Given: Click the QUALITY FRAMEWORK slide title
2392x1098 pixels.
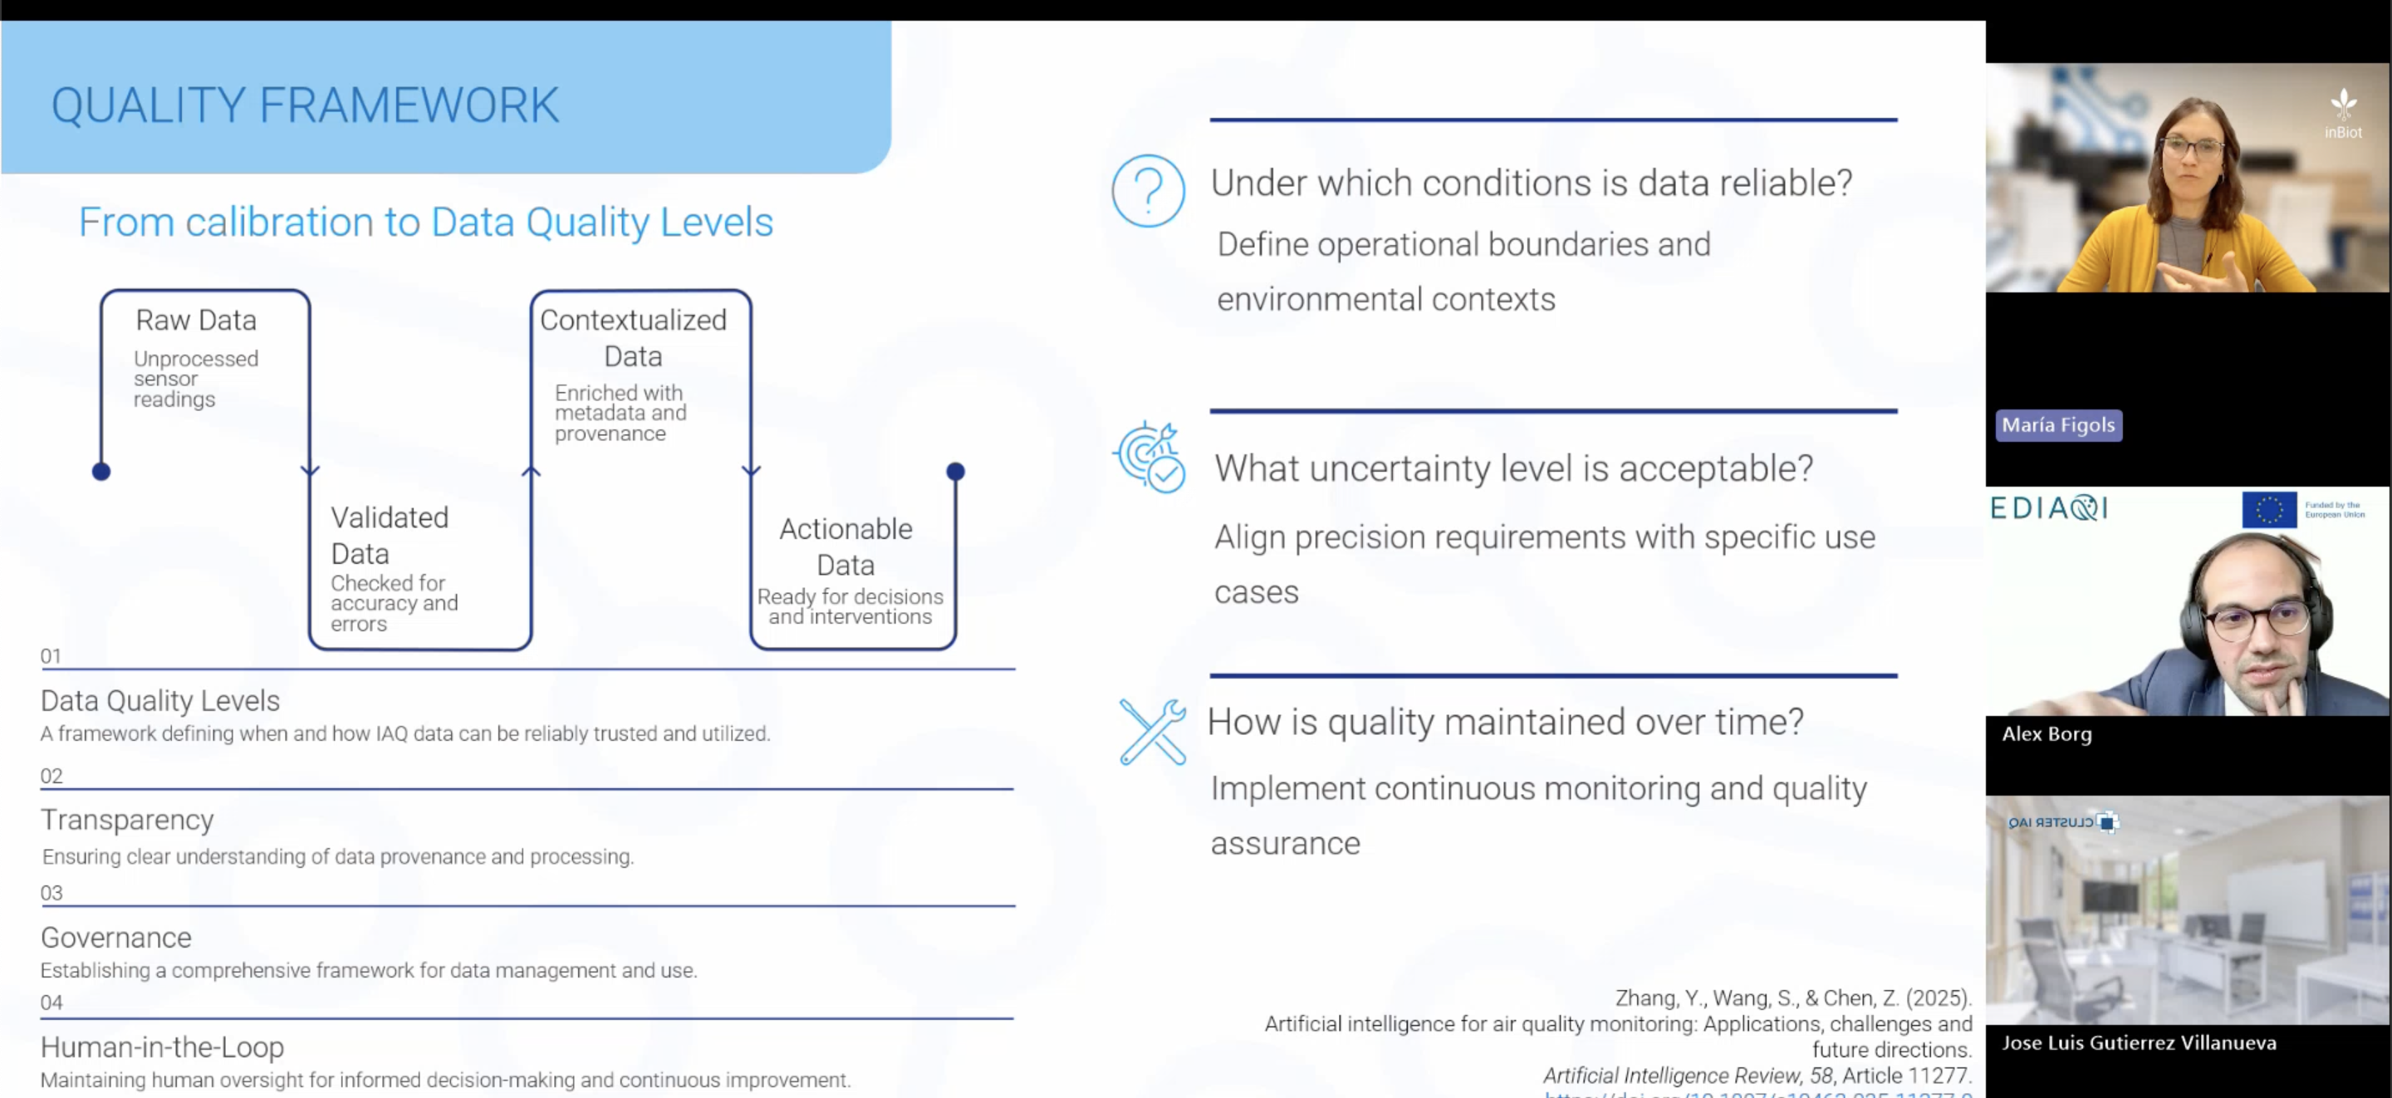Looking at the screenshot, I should click(x=305, y=105).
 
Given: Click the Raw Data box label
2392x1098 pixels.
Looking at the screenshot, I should click(x=196, y=321).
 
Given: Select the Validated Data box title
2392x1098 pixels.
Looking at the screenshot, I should click(x=389, y=535).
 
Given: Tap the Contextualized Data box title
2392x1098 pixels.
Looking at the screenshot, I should click(x=633, y=338).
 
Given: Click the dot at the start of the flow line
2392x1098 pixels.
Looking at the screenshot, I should click(x=101, y=472).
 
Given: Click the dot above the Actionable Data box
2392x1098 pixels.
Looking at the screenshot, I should click(x=955, y=472).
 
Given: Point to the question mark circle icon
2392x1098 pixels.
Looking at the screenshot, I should click(x=1148, y=190).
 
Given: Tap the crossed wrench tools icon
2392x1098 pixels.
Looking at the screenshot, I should click(x=1152, y=732).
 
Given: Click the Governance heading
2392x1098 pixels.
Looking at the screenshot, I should click(x=116, y=938).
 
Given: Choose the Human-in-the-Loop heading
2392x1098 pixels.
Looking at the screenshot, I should click(x=163, y=1047).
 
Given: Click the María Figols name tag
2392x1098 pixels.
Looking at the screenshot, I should click(x=2058, y=425).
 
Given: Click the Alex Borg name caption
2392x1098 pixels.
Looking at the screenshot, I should click(x=2046, y=734).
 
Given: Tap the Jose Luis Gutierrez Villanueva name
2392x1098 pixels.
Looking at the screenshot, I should click(x=2139, y=1042).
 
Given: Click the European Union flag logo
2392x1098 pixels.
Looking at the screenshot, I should click(x=2268, y=509).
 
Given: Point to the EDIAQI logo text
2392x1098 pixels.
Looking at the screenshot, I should click(x=2049, y=508).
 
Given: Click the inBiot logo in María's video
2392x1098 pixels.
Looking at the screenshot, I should click(x=2343, y=115).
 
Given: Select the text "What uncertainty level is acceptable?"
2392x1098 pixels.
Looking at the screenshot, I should click(x=1513, y=468).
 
